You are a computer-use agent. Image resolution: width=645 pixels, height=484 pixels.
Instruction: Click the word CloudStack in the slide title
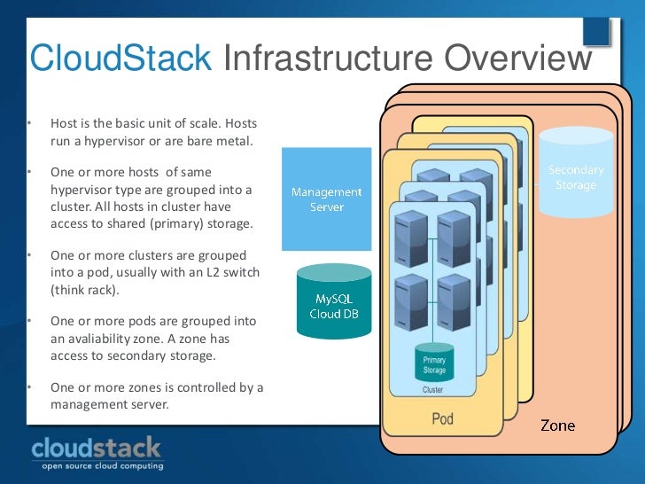120,59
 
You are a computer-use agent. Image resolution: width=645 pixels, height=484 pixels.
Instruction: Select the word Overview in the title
517,59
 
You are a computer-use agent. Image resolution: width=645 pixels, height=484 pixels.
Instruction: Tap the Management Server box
326,199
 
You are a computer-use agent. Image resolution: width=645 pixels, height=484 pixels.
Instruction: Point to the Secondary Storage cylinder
576,175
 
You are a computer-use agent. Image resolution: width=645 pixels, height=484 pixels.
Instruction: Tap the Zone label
557,426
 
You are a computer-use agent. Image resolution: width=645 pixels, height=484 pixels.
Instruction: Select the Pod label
441,418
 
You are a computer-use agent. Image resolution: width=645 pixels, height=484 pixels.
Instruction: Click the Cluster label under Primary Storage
433,389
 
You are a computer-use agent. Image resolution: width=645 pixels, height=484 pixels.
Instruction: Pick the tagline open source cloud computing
97,466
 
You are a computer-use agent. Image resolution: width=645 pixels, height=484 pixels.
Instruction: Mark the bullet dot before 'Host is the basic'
28,123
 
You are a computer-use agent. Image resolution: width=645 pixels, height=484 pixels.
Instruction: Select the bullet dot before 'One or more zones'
28,387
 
